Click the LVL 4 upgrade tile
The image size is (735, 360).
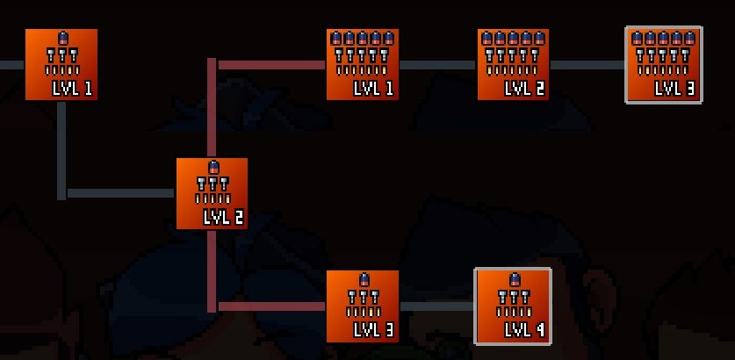coord(513,306)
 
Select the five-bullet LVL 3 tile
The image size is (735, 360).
coord(664,65)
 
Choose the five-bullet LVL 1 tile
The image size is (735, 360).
coord(363,64)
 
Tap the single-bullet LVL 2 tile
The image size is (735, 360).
coord(212,193)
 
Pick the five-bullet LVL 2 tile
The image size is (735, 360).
coord(513,64)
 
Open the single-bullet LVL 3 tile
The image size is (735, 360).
coord(363,306)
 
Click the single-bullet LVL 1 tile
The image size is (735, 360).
coord(61,64)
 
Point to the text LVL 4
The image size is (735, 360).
coord(524,330)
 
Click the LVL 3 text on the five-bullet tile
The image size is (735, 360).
coord(674,89)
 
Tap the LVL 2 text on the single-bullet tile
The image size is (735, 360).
coord(223,217)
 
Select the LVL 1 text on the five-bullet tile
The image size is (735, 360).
coord(373,89)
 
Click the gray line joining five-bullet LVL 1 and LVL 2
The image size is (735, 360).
coord(437,65)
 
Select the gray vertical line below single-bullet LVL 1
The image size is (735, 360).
coord(61,145)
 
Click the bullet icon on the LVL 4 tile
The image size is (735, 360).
coord(514,280)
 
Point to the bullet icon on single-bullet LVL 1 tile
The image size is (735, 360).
coord(62,39)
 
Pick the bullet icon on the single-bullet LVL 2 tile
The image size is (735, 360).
coord(213,167)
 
